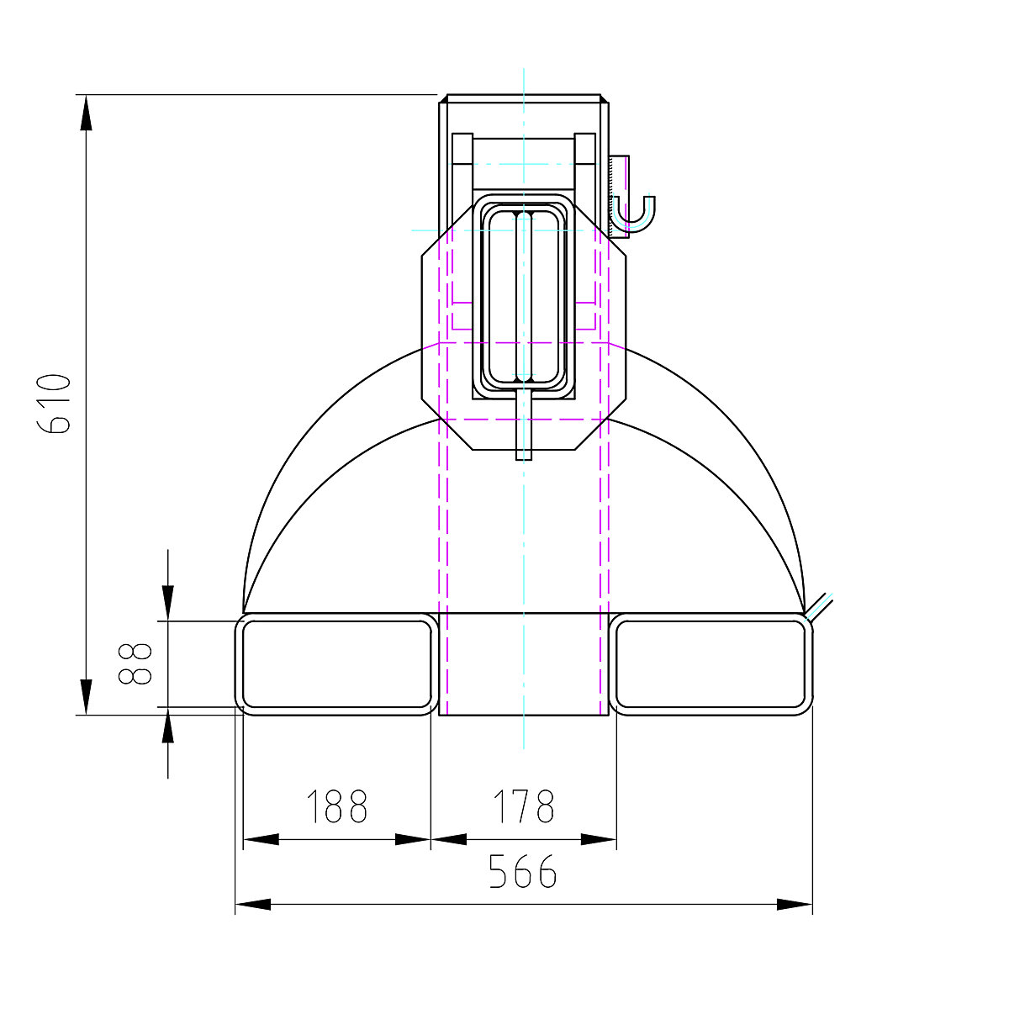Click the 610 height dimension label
pyautogui.click(x=55, y=404)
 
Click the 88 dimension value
pyautogui.click(x=135, y=663)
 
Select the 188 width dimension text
pyautogui.click(x=336, y=806)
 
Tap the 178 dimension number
pyautogui.click(x=523, y=806)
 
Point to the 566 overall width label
pyautogui.click(x=523, y=872)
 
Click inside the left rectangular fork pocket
pyautogui.click(x=336, y=663)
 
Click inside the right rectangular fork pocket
pyautogui.click(x=711, y=663)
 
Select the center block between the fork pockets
pyautogui.click(x=523, y=663)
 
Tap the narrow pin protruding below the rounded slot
pyautogui.click(x=523, y=429)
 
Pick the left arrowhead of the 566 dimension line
pyautogui.click(x=253, y=905)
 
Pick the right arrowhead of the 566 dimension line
pyautogui.click(x=794, y=905)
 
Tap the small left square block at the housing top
pyautogui.click(x=462, y=147)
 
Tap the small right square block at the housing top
pyautogui.click(x=585, y=147)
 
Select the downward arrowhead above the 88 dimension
pyautogui.click(x=168, y=603)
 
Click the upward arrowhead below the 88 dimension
pyautogui.click(x=168, y=726)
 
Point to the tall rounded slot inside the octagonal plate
pyautogui.click(x=523, y=294)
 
